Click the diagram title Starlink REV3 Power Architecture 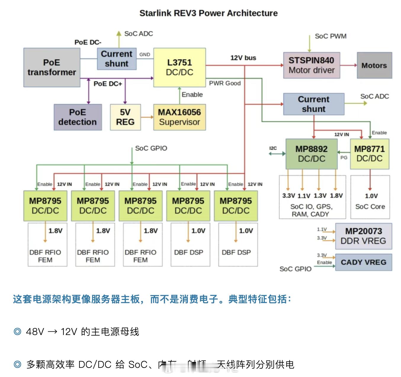coord(208,13)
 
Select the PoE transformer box coord(52,67)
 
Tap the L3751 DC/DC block coord(179,67)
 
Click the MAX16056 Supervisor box coord(179,117)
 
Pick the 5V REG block coord(125,117)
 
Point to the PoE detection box coord(78,117)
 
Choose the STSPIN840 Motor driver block coord(312,65)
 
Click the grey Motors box coord(374,65)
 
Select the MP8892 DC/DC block coord(312,154)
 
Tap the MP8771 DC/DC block coord(370,154)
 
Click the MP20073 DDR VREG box coord(363,236)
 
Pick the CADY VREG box coord(363,262)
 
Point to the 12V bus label coord(243,58)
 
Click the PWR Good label coord(225,83)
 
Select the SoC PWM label coord(331,36)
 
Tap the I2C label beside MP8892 coord(273,148)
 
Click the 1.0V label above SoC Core coord(371,196)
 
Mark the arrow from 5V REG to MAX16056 coord(147,117)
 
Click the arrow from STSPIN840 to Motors coord(348,65)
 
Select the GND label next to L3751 coord(145,54)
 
